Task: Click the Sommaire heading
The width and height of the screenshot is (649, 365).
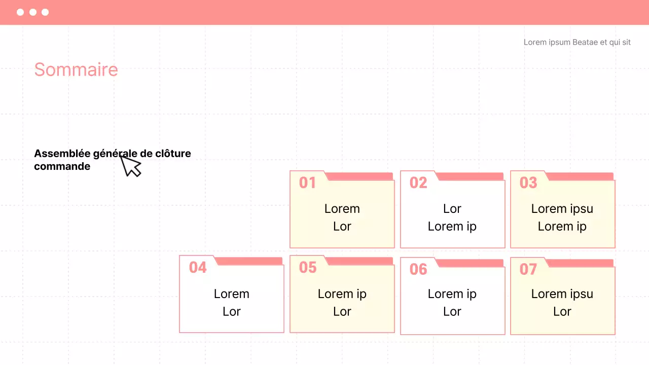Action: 76,70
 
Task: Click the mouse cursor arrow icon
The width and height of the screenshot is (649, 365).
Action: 130,166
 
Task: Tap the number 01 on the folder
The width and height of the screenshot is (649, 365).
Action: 307,183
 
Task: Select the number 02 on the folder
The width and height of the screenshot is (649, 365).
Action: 418,183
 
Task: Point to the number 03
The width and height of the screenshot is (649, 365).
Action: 528,183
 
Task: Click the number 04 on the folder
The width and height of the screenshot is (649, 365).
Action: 198,267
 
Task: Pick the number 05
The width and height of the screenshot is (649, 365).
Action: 308,267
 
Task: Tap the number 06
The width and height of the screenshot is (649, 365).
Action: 418,269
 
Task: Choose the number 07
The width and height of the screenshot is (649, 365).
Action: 528,269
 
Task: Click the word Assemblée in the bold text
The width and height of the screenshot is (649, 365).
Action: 62,154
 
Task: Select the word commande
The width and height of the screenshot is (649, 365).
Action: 62,167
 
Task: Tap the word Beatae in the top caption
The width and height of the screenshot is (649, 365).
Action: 585,42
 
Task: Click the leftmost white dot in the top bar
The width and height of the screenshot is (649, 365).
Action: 20,12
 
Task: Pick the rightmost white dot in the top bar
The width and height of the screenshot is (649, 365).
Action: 45,12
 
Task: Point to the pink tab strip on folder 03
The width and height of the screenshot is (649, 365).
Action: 580,176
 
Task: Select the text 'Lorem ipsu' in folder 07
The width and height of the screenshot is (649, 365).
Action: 562,295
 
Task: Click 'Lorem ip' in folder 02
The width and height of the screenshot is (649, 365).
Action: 452,227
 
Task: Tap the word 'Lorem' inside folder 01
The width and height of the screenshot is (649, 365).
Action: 342,209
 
